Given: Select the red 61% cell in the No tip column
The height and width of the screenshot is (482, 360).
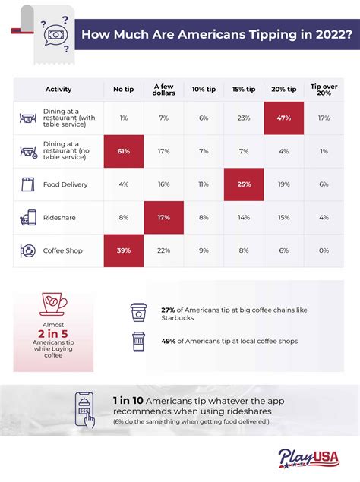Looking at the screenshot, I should [122, 151].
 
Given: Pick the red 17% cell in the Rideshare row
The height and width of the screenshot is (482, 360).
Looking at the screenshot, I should [163, 217].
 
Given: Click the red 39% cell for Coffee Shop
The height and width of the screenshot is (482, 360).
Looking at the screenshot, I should [122, 250].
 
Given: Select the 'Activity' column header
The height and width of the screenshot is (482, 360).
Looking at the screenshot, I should [58, 88].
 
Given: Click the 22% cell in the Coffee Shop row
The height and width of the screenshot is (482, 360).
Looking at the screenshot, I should [163, 250].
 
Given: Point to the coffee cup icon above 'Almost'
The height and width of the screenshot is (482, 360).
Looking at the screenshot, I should [52, 302].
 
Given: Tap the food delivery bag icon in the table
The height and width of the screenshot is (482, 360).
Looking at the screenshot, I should [28, 184].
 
